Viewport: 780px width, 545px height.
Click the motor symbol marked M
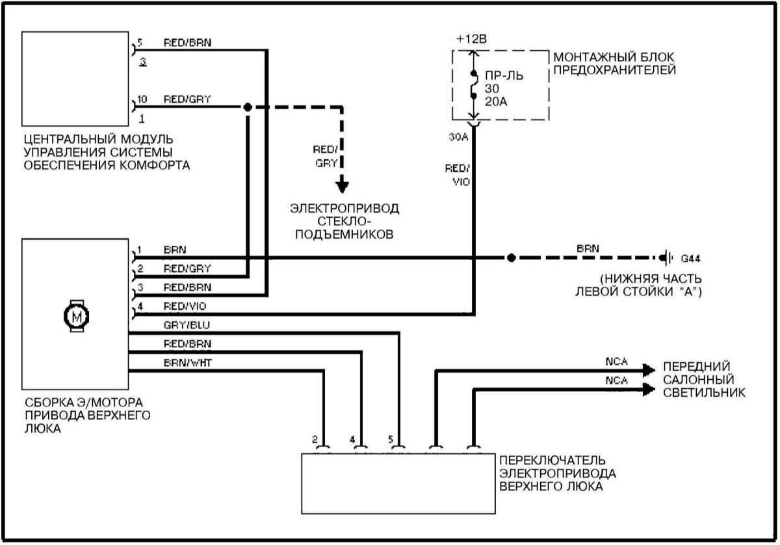(x=77, y=316)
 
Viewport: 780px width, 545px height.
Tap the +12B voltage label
(x=470, y=38)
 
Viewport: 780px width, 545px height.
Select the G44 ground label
(x=692, y=258)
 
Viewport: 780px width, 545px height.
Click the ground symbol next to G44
(x=666, y=258)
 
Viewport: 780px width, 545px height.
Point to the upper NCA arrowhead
(x=648, y=370)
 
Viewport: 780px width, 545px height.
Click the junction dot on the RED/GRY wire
(x=247, y=107)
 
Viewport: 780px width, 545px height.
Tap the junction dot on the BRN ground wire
(x=512, y=258)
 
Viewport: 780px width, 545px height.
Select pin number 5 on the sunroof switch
(x=391, y=440)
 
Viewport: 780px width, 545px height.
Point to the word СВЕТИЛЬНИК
(x=704, y=393)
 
